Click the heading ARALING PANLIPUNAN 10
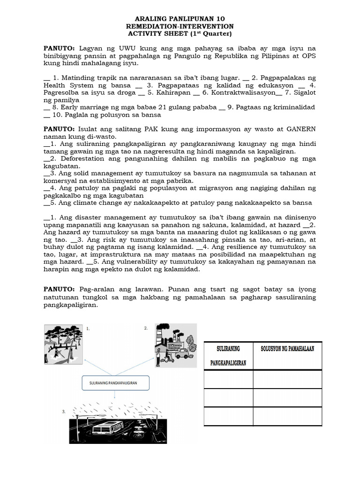[180, 19]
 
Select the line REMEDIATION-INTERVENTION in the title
[180, 26]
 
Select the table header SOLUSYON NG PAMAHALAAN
[287, 349]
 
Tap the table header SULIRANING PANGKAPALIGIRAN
[228, 355]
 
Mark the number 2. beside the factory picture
[146, 328]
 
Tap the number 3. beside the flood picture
[64, 411]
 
